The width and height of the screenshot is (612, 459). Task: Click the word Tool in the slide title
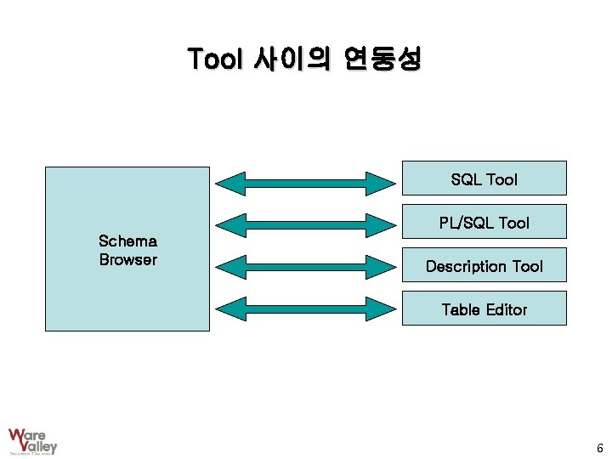click(216, 59)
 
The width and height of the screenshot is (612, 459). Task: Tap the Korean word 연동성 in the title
click(382, 59)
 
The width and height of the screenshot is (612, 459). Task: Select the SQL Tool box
click(484, 178)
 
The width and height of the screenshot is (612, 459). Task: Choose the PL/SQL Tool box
click(484, 222)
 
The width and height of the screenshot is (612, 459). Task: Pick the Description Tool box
click(484, 265)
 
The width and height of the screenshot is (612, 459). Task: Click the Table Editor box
click(484, 309)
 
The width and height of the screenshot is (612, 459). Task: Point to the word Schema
click(127, 241)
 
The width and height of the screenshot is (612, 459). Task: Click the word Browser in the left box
click(127, 260)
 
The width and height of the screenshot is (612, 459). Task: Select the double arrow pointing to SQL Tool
click(303, 181)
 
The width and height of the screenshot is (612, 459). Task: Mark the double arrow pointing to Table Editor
click(303, 308)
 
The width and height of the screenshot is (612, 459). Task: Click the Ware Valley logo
click(32, 440)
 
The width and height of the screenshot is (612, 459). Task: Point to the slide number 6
click(599, 448)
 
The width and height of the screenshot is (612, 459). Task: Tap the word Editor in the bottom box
click(506, 309)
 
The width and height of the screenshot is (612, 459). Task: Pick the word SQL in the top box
click(466, 179)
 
